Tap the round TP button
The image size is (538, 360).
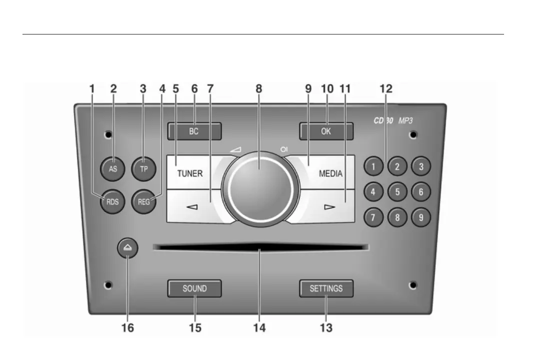(x=144, y=169)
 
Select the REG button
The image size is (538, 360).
(x=144, y=202)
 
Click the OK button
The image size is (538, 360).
(x=327, y=132)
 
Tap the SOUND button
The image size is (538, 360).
(x=194, y=288)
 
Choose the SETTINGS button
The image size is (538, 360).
(x=326, y=288)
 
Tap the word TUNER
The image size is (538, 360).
(x=190, y=174)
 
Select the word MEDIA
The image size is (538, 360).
(x=331, y=174)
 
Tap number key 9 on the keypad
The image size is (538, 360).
(x=421, y=217)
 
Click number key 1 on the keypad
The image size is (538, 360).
(x=373, y=167)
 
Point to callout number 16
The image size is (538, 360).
(x=127, y=328)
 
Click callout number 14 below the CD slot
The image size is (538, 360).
(x=259, y=328)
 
